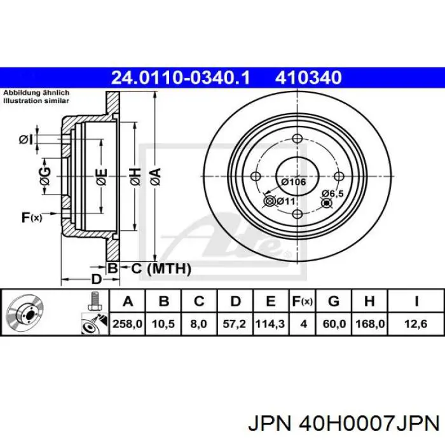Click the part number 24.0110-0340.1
pyautogui.click(x=181, y=77)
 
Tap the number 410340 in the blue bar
pyautogui.click(x=308, y=77)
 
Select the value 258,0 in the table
pyautogui.click(x=127, y=324)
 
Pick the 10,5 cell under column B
pyautogui.click(x=163, y=324)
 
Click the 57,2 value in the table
pyautogui.click(x=234, y=324)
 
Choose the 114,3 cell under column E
pyautogui.click(x=270, y=324)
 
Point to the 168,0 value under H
pyautogui.click(x=370, y=324)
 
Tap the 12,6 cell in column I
pyautogui.click(x=416, y=324)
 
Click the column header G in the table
pyautogui.click(x=334, y=301)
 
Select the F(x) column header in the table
pyautogui.click(x=303, y=301)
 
